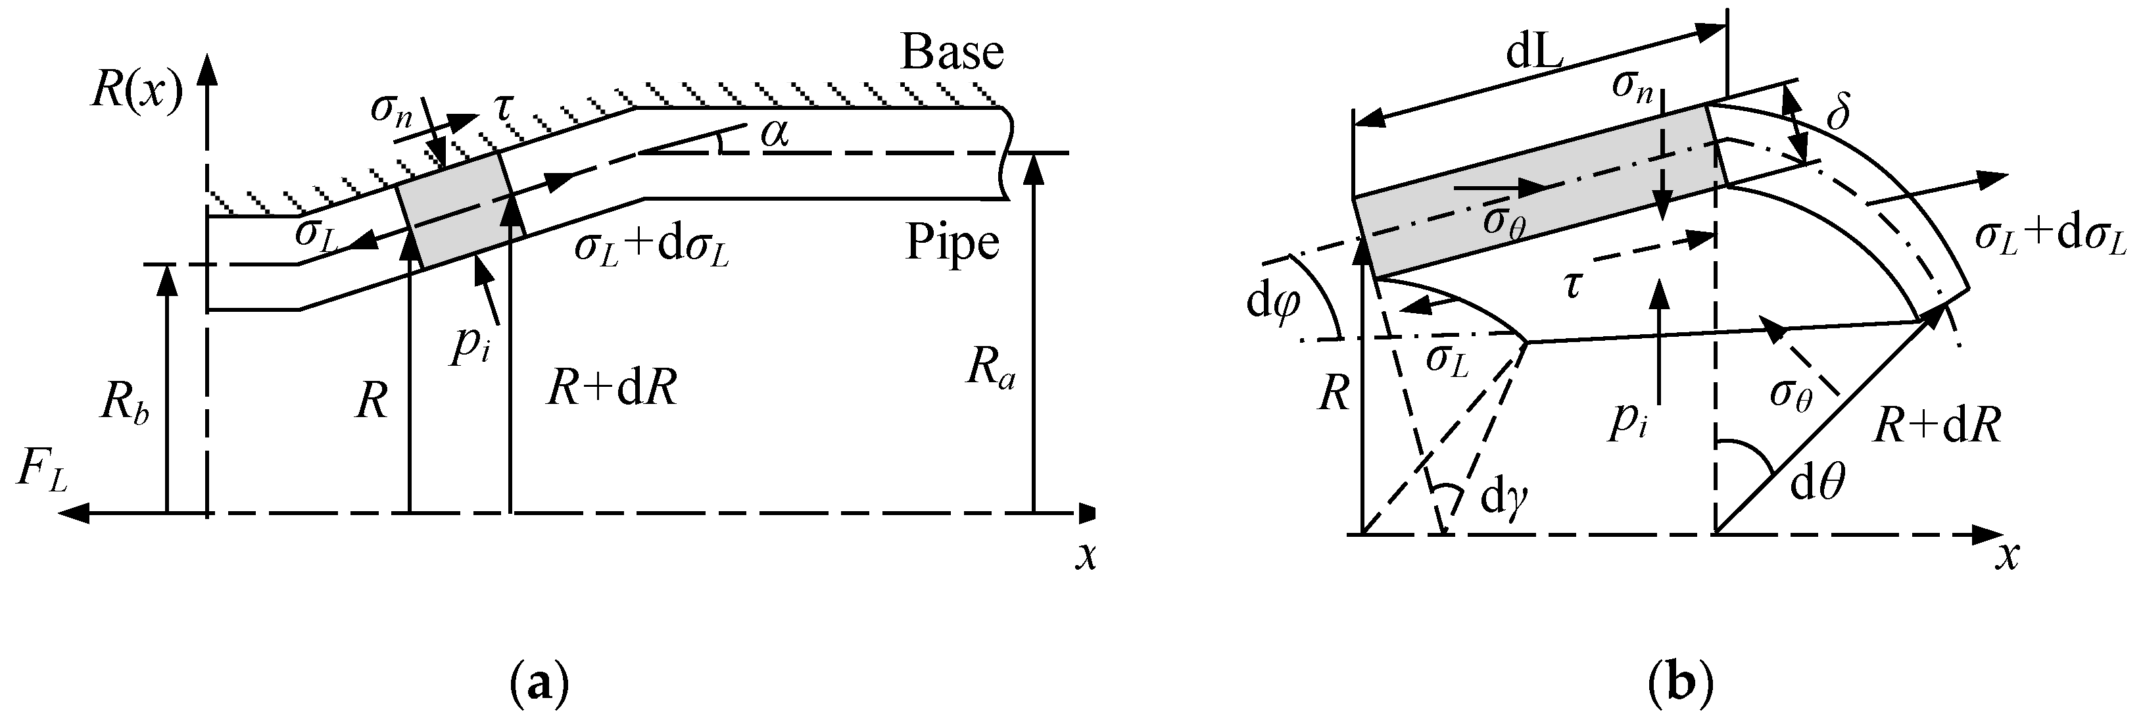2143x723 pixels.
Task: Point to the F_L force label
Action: pyautogui.click(x=41, y=475)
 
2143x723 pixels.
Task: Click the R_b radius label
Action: pyautogui.click(x=125, y=405)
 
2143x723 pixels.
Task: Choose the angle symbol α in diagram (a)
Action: pyautogui.click(x=775, y=133)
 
